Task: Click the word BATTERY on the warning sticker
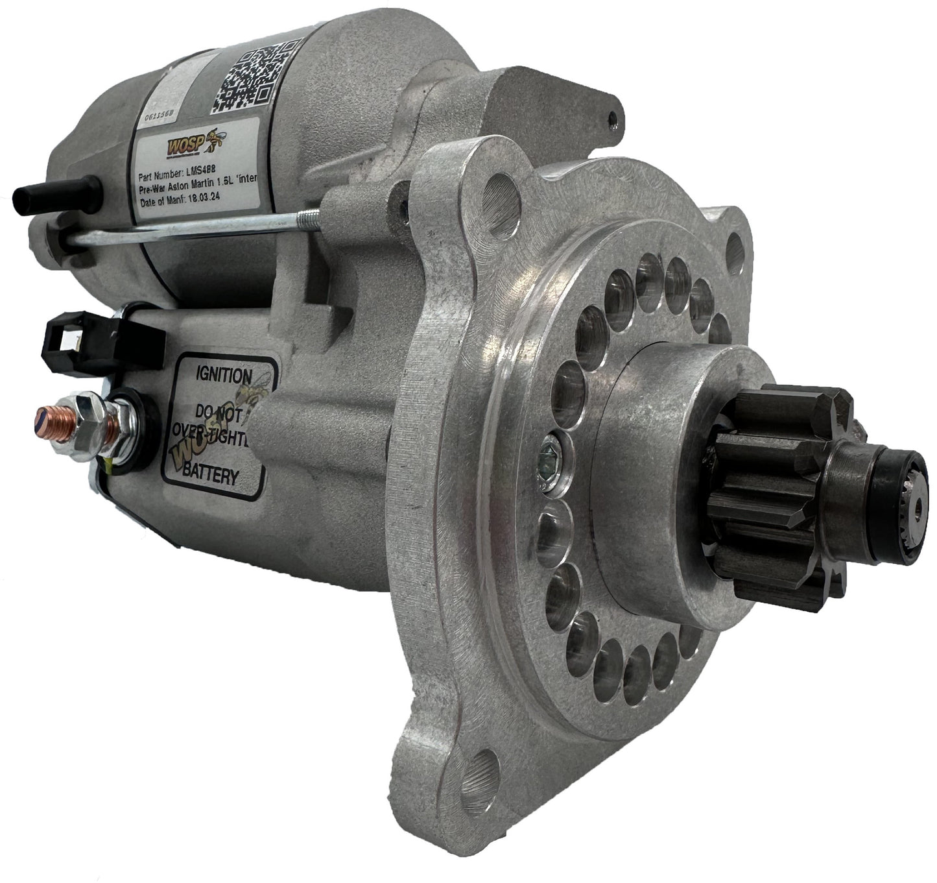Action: pos(209,476)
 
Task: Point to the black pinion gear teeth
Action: pos(772,493)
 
